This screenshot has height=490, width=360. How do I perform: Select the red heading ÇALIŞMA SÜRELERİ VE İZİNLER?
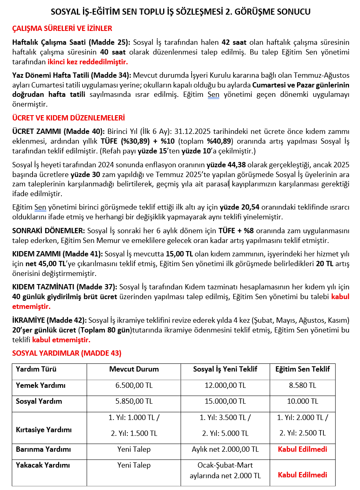pyautogui.click(x=62, y=28)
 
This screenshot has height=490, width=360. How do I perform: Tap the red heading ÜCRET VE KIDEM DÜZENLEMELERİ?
pyautogui.click(x=69, y=118)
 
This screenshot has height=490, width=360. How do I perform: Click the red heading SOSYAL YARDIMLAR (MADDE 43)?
pyautogui.click(x=67, y=353)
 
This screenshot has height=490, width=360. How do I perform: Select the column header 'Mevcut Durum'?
pyautogui.click(x=134, y=370)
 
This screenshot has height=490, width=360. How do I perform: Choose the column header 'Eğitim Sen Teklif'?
pyautogui.click(x=303, y=370)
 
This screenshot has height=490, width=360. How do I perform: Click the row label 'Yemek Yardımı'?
pyautogui.click(x=41, y=385)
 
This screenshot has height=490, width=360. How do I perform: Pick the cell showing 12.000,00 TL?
pyautogui.click(x=225, y=385)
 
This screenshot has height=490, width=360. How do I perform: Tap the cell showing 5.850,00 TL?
pyautogui.click(x=134, y=401)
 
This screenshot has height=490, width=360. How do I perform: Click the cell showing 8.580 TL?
pyautogui.click(x=303, y=385)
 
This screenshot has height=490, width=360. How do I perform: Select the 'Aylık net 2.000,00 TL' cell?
pyautogui.click(x=225, y=450)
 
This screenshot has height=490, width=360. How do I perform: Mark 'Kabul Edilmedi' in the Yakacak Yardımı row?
pyautogui.click(x=303, y=475)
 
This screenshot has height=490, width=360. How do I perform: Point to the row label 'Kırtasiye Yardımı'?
pyautogui.click(x=44, y=430)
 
